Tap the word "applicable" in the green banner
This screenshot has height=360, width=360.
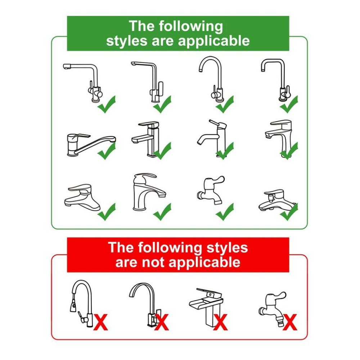pos(214,41)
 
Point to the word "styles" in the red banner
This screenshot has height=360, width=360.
pos(227,248)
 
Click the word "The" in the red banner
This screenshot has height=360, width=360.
pos(121,247)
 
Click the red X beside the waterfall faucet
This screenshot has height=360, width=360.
pos(220,322)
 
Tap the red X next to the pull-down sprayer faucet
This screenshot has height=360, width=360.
pos(100,322)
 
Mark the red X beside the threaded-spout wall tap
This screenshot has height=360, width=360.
pos(290,322)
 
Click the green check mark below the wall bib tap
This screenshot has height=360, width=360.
pos(225,212)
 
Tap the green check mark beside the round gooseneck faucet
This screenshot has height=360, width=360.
pos(225,104)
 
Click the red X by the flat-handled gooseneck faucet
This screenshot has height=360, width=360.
pos(161,322)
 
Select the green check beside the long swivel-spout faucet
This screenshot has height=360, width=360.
pos(107,151)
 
